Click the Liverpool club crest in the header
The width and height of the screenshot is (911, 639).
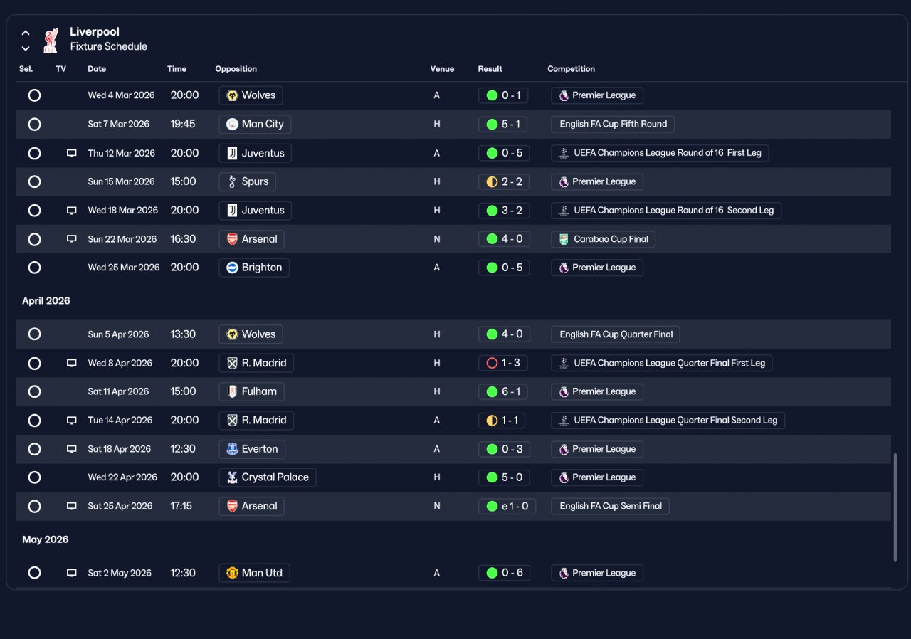(x=51, y=40)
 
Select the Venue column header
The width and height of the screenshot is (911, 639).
(x=442, y=69)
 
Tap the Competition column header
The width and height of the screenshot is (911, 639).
(x=571, y=69)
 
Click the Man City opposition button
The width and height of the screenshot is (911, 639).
(x=255, y=124)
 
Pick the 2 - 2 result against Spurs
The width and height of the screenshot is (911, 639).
(x=504, y=181)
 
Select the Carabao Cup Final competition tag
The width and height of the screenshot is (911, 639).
(x=603, y=239)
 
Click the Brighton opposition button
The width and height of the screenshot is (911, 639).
(x=254, y=268)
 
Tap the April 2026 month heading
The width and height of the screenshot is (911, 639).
(x=46, y=301)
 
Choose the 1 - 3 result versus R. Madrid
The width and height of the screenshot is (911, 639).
(x=503, y=363)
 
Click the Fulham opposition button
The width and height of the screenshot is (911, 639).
(x=251, y=391)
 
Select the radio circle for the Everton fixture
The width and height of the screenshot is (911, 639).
(x=35, y=449)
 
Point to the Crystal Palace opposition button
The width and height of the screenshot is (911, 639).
(x=267, y=477)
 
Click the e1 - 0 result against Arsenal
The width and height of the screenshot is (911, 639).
(x=507, y=506)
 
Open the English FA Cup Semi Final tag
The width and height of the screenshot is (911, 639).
(x=610, y=506)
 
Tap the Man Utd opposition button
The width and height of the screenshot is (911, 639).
(x=254, y=573)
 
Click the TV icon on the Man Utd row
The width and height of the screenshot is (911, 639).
(x=72, y=573)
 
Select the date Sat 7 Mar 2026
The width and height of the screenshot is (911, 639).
(x=119, y=124)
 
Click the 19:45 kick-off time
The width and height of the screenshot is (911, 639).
(x=183, y=124)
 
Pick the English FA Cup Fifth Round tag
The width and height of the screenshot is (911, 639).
(x=613, y=124)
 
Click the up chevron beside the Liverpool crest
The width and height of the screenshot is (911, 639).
(x=26, y=33)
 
